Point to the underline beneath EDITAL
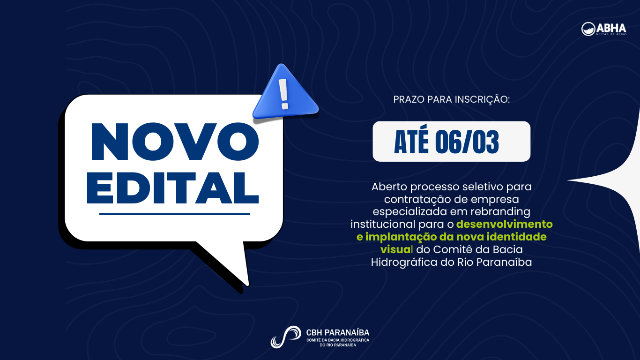click(174, 214)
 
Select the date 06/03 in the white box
click(467, 142)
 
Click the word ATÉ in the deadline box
click(411, 142)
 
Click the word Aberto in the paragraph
click(390, 187)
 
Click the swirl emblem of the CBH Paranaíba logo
click(285, 337)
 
